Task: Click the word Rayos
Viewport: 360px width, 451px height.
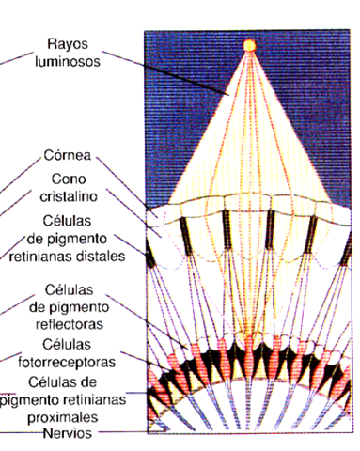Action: pyautogui.click(x=71, y=44)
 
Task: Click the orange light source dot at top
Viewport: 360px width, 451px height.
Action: pyautogui.click(x=250, y=44)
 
